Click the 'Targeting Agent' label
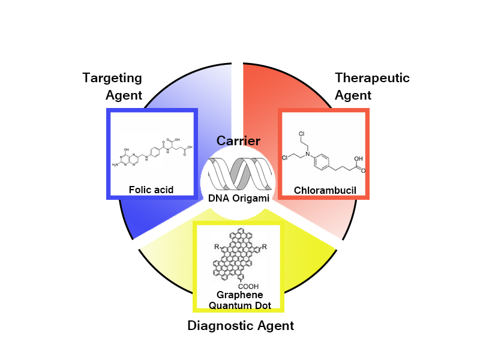click(112, 86)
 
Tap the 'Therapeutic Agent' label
click(372, 86)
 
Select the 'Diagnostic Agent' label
click(241, 326)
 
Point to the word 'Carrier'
click(239, 141)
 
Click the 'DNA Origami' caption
click(239, 197)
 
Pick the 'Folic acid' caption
click(151, 190)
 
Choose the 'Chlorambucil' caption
click(325, 191)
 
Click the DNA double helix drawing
click(239, 175)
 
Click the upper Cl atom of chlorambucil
click(301, 133)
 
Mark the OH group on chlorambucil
click(358, 160)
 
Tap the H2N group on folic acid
click(116, 164)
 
